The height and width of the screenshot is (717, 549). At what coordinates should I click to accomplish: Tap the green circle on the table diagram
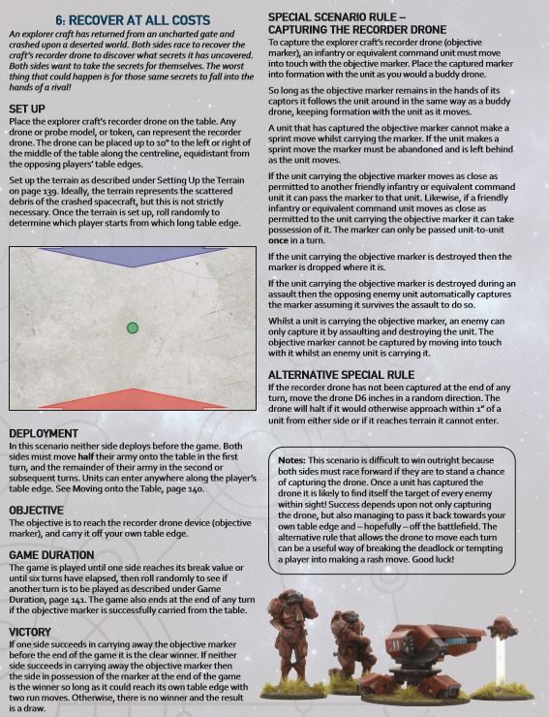[133, 328]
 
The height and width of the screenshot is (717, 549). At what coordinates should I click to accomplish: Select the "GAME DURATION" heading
[57, 554]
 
